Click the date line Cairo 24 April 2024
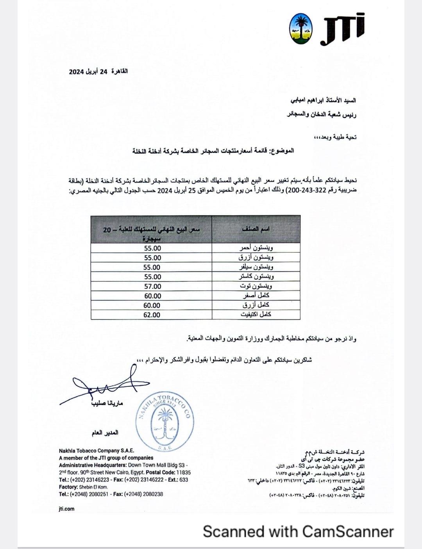(x=98, y=71)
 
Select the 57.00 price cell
(x=152, y=286)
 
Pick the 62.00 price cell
(x=152, y=315)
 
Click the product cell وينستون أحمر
(x=256, y=248)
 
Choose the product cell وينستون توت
(x=256, y=286)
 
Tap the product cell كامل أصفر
(x=256, y=296)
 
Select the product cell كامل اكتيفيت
(x=256, y=315)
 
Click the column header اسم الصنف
(x=256, y=229)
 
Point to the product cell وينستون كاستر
(x=256, y=277)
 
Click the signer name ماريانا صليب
(x=107, y=403)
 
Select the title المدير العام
(x=104, y=433)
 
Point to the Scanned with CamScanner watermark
(x=298, y=531)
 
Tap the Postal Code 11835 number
(x=183, y=472)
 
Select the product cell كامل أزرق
(x=256, y=305)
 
